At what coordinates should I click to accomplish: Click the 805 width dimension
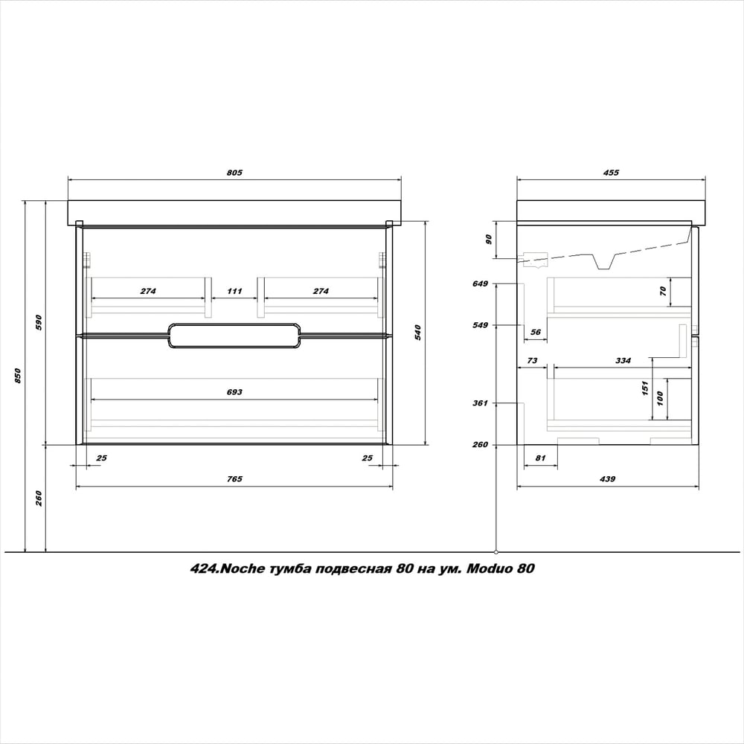234,173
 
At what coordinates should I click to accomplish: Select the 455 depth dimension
611,173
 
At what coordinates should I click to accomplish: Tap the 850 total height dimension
18,376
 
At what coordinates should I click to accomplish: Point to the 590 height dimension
39,322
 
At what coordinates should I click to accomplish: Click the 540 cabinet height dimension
418,333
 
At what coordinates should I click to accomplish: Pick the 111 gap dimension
234,291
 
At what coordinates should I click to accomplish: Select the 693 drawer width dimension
234,392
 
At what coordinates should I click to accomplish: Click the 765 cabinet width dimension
234,478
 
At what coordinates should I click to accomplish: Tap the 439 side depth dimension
607,478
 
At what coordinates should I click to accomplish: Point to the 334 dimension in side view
623,361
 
